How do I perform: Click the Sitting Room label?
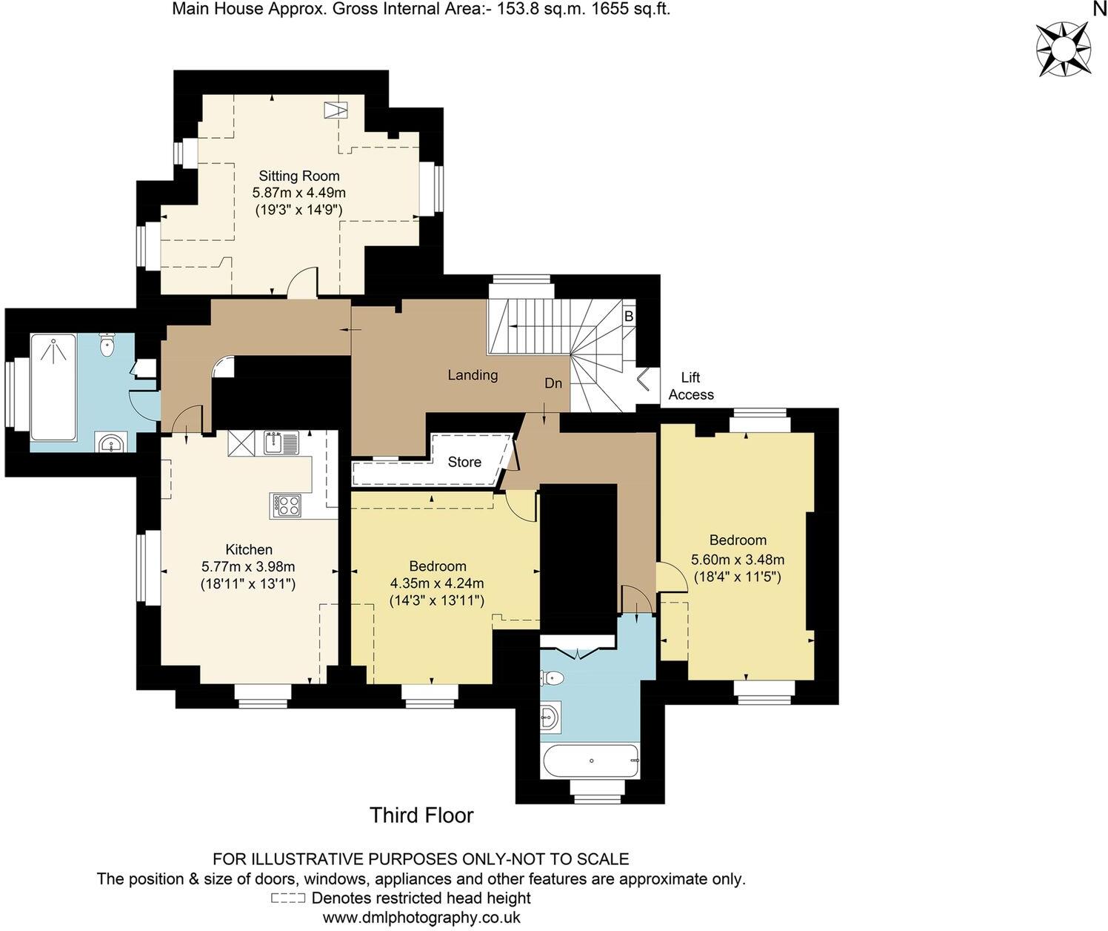(x=299, y=176)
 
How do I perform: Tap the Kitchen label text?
(x=249, y=549)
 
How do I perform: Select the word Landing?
(x=473, y=375)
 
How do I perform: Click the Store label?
(x=464, y=462)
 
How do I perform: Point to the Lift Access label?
(x=690, y=386)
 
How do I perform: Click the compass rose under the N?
(x=1063, y=49)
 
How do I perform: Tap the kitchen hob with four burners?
(x=287, y=505)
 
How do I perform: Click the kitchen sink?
(x=276, y=443)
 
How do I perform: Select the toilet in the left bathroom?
(x=108, y=344)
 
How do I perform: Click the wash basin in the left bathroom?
(x=111, y=443)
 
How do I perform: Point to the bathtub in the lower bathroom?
(x=590, y=761)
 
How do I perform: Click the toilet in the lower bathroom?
(x=553, y=677)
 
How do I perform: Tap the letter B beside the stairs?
(x=628, y=317)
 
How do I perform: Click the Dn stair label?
(x=553, y=383)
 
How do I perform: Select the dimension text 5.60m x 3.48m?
(x=737, y=559)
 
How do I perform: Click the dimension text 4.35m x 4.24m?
(x=437, y=583)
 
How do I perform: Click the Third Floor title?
(x=421, y=815)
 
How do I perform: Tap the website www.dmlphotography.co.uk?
(x=421, y=918)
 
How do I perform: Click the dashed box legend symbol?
(x=288, y=898)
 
